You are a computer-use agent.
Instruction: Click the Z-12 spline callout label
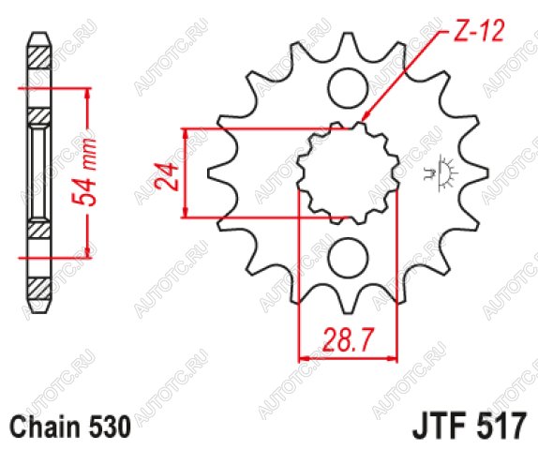point(479,31)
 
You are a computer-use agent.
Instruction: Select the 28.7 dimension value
point(347,339)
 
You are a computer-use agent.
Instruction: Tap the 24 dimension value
point(168,176)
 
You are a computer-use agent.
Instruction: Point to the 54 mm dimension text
point(83,172)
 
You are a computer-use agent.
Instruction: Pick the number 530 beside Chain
point(107,427)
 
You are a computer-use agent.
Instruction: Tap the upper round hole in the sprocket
point(348,88)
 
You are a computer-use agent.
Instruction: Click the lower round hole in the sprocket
point(348,258)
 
